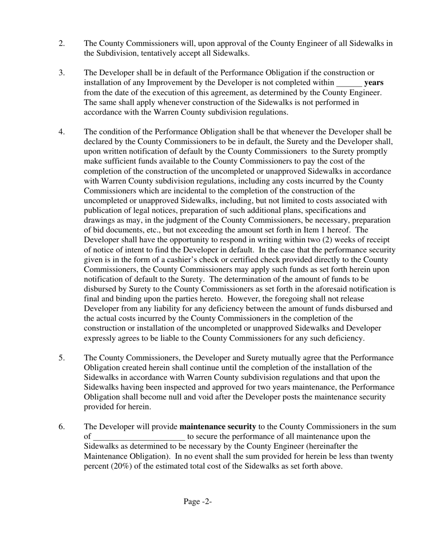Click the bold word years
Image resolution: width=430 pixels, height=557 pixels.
point(373,83)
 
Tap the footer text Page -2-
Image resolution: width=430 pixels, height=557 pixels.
point(198,501)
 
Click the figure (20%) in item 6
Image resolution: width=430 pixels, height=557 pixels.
point(120,466)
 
